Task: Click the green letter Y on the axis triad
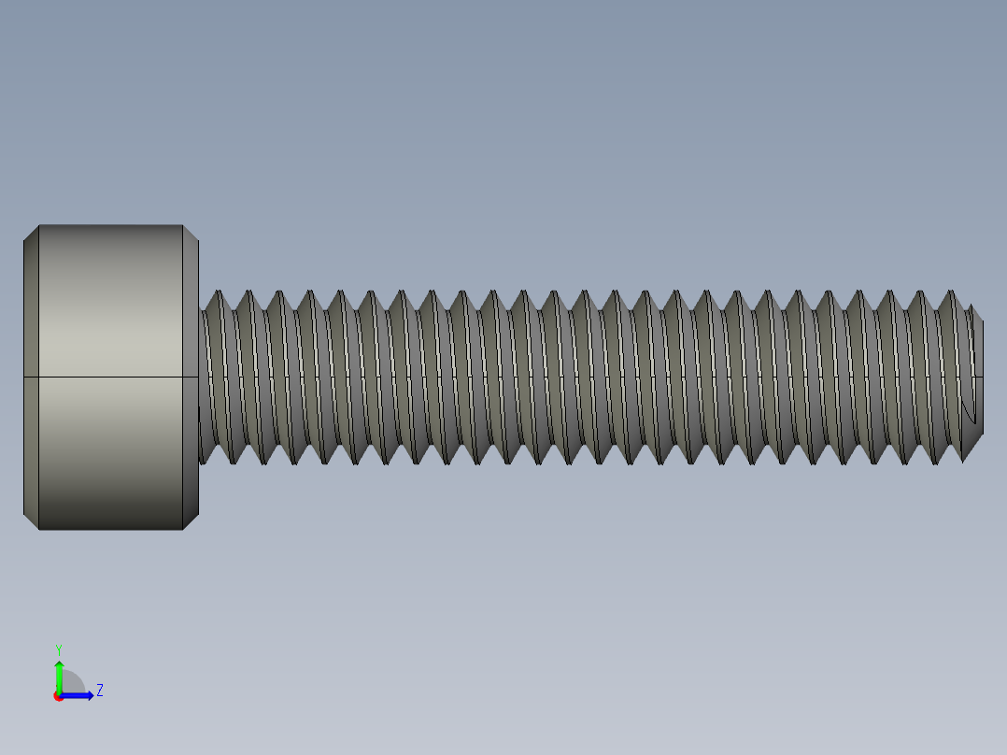click(x=58, y=648)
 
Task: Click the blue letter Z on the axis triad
click(x=99, y=691)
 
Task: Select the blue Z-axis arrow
click(x=80, y=695)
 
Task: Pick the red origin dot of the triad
click(x=58, y=696)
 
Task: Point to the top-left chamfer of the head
click(x=31, y=234)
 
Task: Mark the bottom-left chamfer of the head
click(x=31, y=520)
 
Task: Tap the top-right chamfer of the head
click(x=190, y=234)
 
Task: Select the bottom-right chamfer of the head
click(x=190, y=520)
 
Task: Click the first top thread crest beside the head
click(x=220, y=292)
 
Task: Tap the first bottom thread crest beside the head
click(x=206, y=461)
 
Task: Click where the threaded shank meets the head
click(x=200, y=377)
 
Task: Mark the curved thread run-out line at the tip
click(x=966, y=411)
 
